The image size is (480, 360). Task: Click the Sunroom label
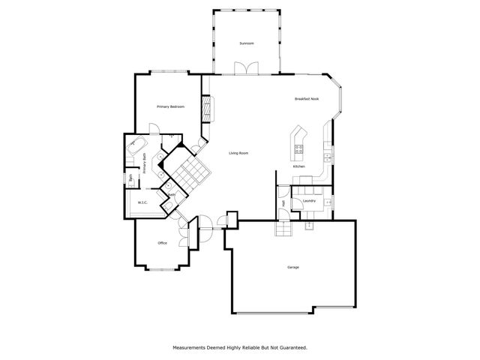(x=247, y=43)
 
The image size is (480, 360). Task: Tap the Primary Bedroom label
(x=170, y=107)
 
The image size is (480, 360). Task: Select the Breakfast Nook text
(x=307, y=100)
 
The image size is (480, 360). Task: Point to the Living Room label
(x=238, y=153)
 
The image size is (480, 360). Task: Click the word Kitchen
(x=298, y=166)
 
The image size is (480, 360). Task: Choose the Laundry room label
(x=309, y=201)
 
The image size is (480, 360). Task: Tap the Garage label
(x=293, y=268)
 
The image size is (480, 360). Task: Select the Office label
(x=162, y=243)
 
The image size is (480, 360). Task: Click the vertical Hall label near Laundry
(x=283, y=202)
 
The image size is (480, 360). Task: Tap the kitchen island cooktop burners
(x=298, y=148)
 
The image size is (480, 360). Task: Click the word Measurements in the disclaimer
(x=191, y=348)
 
